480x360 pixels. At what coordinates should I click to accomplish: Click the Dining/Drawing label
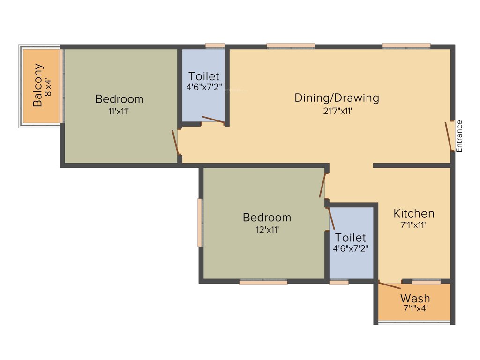336,98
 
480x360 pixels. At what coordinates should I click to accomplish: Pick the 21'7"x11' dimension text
336,111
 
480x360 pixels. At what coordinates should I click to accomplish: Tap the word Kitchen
413,213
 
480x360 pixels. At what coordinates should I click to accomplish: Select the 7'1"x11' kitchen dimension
413,225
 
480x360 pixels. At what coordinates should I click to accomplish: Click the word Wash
415,298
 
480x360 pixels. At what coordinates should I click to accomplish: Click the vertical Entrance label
459,136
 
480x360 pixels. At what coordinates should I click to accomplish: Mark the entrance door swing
449,136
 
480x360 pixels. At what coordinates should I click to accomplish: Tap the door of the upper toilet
213,120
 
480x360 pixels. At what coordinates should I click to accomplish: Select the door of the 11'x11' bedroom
175,142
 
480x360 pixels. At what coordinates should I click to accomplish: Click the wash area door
390,285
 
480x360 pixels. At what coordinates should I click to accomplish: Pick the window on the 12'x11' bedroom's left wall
200,222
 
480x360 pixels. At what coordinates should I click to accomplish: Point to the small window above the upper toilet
215,46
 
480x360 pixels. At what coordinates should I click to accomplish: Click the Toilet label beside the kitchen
351,238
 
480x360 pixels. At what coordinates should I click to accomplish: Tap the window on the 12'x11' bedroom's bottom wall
263,282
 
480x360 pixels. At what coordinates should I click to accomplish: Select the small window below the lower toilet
339,282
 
